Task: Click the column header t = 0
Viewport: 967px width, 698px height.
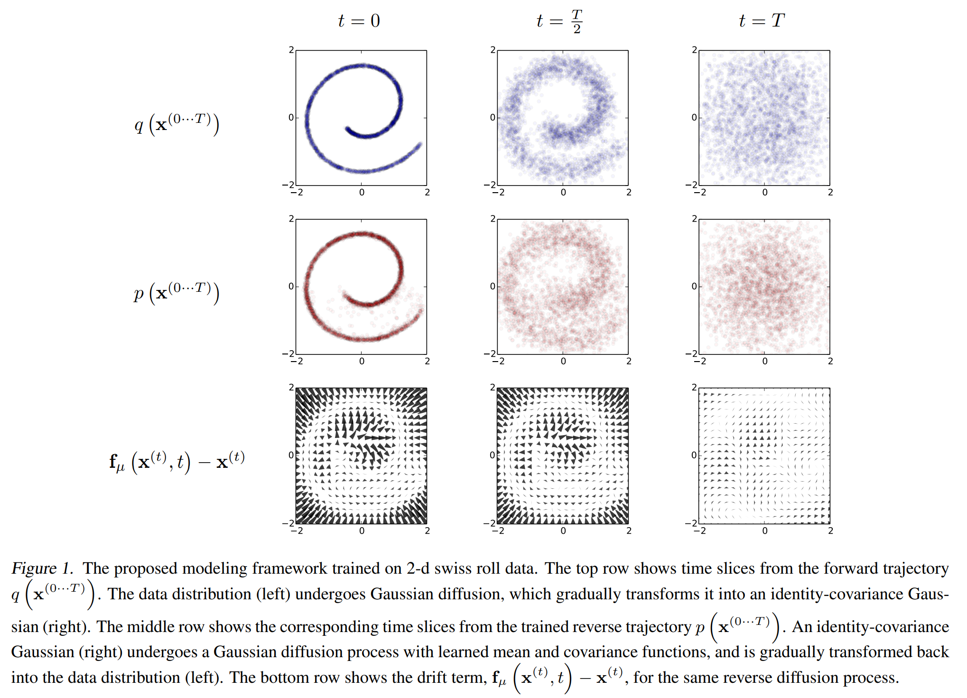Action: coord(359,20)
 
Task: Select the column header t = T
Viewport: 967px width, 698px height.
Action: coord(762,20)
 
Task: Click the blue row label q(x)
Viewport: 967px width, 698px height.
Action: coord(177,124)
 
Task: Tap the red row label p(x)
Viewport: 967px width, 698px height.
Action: coord(177,293)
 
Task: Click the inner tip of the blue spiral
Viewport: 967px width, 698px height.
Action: coord(347,128)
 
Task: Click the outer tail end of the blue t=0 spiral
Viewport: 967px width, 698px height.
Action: coord(420,144)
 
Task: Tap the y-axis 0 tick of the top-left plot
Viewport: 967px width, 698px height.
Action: coord(291,118)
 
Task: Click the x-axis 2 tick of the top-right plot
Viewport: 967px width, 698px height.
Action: coord(830,192)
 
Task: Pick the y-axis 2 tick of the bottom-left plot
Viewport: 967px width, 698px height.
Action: coord(291,388)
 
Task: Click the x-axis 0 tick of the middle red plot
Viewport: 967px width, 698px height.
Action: coord(563,361)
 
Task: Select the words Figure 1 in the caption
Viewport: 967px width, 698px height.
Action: coord(42,568)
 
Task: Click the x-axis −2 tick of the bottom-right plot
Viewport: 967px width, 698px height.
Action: coord(699,530)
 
